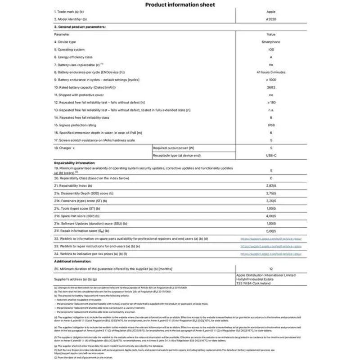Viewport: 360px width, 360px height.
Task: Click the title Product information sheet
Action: tap(180, 5)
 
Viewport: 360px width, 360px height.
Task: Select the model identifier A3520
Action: tap(271, 19)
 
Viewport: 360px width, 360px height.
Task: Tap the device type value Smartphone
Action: tap(271, 42)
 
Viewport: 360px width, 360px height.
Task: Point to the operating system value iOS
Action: tap(271, 49)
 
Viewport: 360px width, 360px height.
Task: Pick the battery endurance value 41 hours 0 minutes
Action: tap(271, 72)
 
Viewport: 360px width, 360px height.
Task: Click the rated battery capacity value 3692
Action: tap(271, 87)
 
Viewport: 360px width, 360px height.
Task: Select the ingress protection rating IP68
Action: tap(271, 125)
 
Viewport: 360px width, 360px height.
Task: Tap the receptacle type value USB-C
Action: tap(271, 155)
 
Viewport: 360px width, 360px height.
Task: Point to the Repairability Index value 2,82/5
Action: tap(271, 185)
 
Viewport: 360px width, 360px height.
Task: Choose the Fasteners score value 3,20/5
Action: tap(271, 201)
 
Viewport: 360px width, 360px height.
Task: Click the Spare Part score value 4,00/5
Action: tap(271, 216)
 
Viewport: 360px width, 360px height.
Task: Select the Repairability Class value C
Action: tap(271, 178)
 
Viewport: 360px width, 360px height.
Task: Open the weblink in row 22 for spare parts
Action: tap(271, 238)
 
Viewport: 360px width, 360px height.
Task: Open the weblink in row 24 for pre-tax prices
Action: tap(271, 254)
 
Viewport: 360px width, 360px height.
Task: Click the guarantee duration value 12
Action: tap(271, 269)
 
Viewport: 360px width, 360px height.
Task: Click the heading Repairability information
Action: tap(74, 163)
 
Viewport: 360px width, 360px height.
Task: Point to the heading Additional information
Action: tap(71, 261)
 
